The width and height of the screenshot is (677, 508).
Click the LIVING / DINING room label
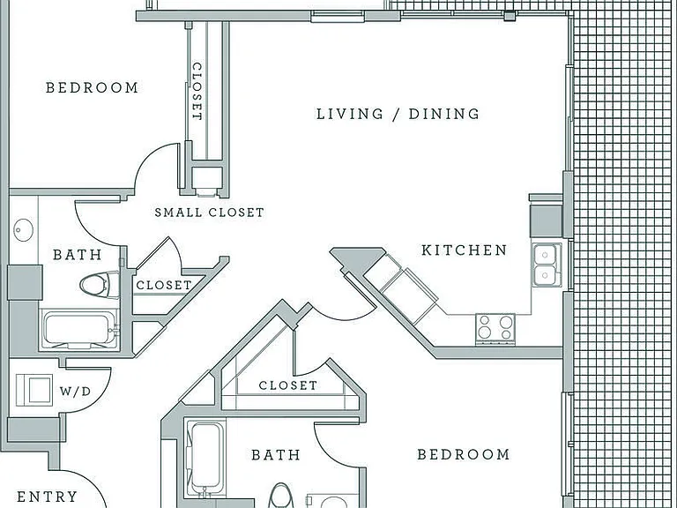pyautogui.click(x=398, y=114)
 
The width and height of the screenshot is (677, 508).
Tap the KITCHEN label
pyautogui.click(x=465, y=250)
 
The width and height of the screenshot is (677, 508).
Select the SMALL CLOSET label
pyautogui.click(x=210, y=213)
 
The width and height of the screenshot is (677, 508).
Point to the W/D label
pyautogui.click(x=76, y=392)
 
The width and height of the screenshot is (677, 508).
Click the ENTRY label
pyautogui.click(x=47, y=497)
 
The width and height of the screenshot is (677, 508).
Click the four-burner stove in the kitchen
pyautogui.click(x=495, y=329)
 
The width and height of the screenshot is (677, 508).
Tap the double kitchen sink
pyautogui.click(x=547, y=265)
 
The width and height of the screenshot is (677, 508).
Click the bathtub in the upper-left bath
pyautogui.click(x=78, y=330)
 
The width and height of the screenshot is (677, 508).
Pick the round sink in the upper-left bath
pyautogui.click(x=24, y=230)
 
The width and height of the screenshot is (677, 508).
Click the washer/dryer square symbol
pyautogui.click(x=34, y=391)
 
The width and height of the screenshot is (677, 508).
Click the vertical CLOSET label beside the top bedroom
pyautogui.click(x=197, y=92)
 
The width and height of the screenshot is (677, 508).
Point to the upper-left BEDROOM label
pyautogui.click(x=92, y=87)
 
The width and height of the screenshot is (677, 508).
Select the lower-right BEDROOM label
pyautogui.click(x=464, y=454)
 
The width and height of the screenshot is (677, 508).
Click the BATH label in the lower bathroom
pyautogui.click(x=275, y=455)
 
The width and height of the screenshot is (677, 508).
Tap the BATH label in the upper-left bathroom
pyautogui.click(x=78, y=254)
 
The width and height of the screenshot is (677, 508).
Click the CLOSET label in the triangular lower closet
pyautogui.click(x=288, y=385)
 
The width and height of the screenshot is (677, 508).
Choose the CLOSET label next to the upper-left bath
pyautogui.click(x=164, y=285)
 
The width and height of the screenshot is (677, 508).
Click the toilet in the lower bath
pyautogui.click(x=280, y=496)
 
